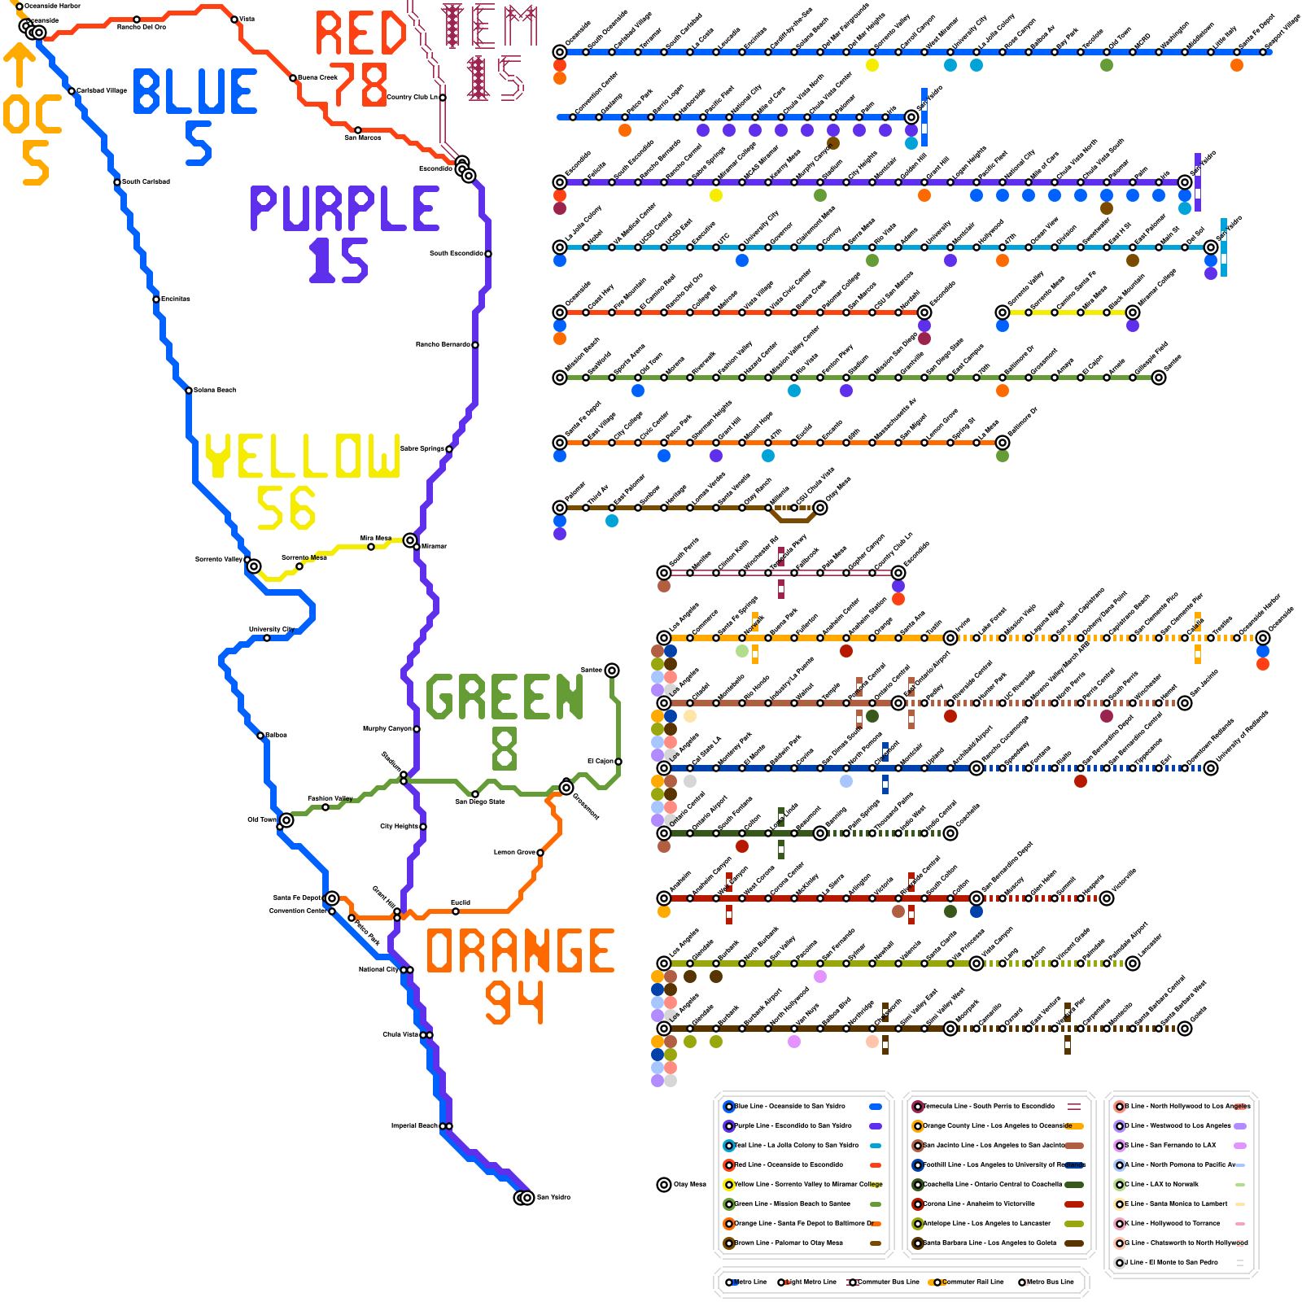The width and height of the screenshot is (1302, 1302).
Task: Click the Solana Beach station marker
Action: (189, 391)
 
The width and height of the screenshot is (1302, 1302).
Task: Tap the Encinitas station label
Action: (175, 299)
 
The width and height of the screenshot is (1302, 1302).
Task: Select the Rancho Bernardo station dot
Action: (475, 345)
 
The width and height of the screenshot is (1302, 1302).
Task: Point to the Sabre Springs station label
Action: (422, 448)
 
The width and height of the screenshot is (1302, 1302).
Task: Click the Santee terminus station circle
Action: (612, 671)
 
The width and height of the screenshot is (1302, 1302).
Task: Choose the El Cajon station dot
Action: (618, 762)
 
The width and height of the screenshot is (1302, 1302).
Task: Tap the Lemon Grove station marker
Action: (540, 853)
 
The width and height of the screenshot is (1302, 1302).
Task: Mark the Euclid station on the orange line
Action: (456, 911)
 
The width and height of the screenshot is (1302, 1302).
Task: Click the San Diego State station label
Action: (480, 802)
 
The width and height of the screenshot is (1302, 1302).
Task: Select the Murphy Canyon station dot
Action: (417, 729)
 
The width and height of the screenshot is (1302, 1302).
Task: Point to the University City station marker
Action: (267, 638)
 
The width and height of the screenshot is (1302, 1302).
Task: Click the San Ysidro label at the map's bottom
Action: (553, 1197)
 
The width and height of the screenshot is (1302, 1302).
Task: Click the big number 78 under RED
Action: (358, 84)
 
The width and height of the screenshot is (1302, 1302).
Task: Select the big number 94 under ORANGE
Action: (514, 1003)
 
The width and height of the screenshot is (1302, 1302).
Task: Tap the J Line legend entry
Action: (1172, 1262)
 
